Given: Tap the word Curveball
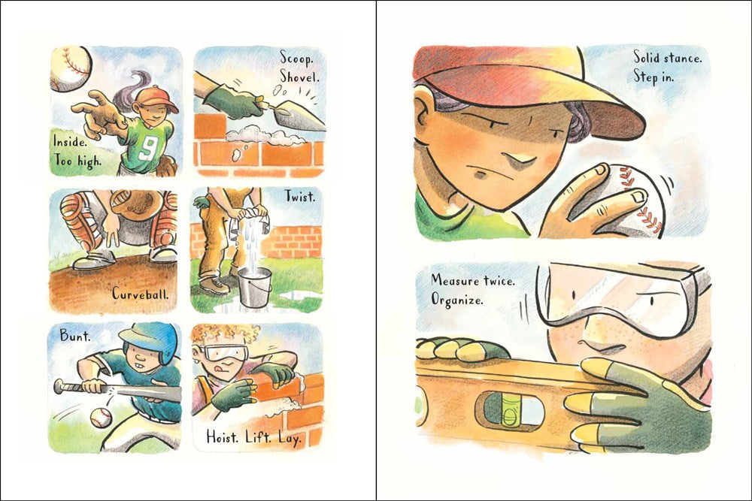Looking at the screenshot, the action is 141,293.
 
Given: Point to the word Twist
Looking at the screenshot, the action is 300,196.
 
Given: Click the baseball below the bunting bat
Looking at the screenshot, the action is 102,418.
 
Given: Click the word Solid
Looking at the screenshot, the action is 647,58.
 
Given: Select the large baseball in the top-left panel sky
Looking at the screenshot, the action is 71,68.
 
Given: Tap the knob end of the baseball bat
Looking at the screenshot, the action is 59,386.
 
